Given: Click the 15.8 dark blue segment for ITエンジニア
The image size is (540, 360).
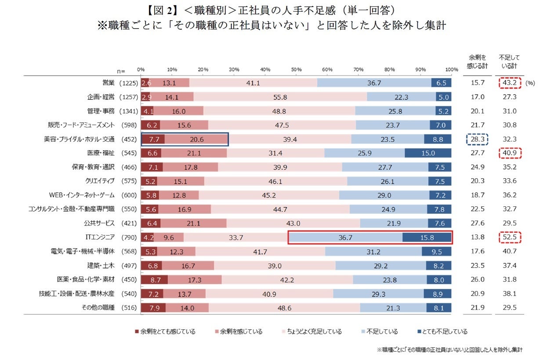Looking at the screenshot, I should [427, 238].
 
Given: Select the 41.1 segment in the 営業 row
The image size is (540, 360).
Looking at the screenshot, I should [253, 83].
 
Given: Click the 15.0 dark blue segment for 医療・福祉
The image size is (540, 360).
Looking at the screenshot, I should [428, 153].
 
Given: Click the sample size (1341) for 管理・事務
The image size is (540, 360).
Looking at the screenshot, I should [129, 111].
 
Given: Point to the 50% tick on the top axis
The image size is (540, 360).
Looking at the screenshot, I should [296, 69].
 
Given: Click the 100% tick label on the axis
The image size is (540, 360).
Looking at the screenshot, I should [451, 69].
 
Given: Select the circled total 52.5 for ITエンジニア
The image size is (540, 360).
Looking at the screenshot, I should [509, 238].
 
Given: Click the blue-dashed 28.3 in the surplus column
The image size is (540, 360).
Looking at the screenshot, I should [477, 139].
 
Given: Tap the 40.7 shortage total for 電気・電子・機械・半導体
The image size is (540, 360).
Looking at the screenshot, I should [509, 252].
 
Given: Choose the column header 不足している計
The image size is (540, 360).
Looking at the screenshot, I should [509, 61].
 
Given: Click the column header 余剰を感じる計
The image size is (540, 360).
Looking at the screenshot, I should [477, 61].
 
